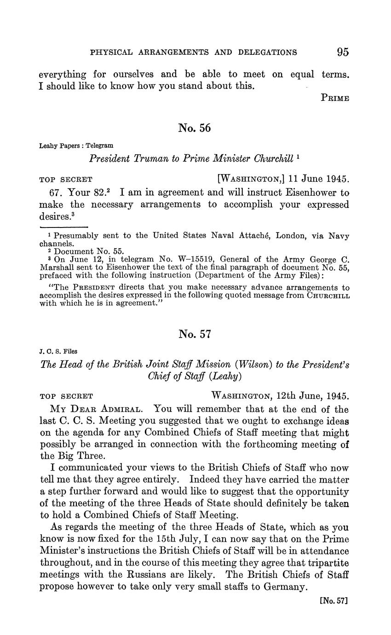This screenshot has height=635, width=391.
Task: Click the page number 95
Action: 343,52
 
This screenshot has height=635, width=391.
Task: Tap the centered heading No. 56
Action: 195,128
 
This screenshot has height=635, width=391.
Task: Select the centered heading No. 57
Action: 195,334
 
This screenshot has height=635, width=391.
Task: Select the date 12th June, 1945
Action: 313,396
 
